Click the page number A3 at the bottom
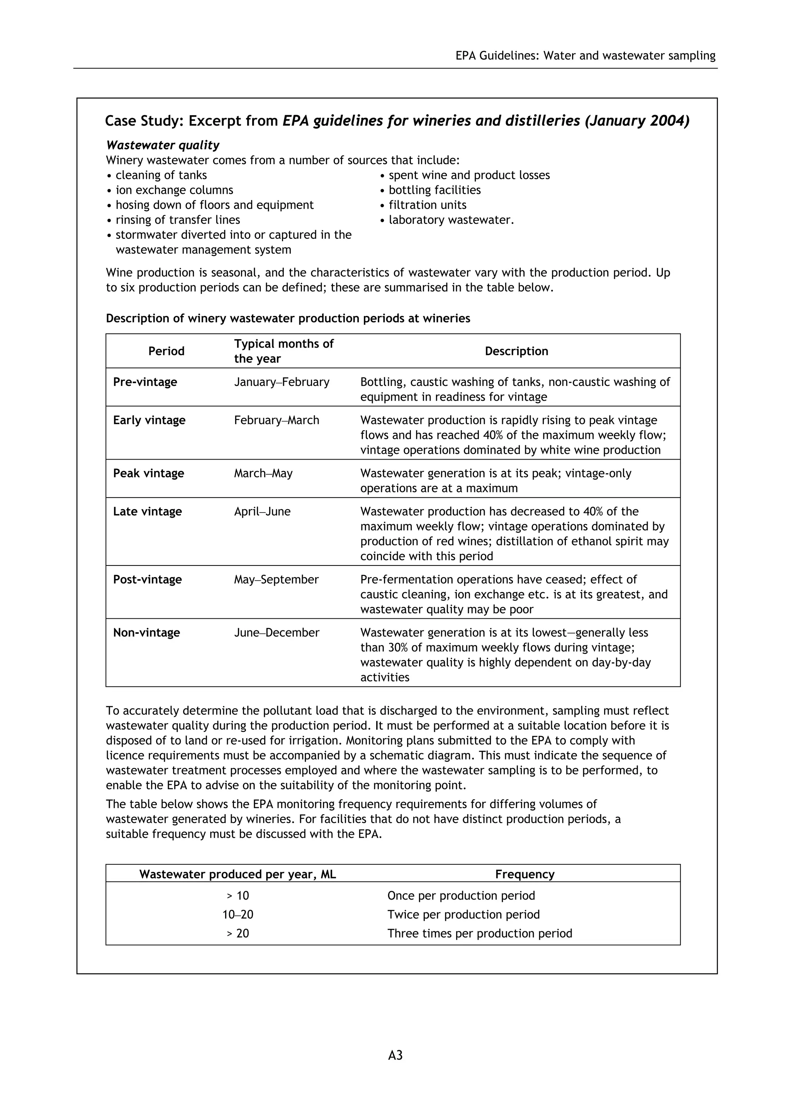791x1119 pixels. coord(395,1069)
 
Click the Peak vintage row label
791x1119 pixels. coord(148,473)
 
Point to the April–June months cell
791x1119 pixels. coord(262,511)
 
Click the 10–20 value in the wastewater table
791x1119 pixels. coord(238,914)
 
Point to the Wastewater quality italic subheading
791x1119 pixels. coord(163,145)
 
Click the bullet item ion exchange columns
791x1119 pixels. coord(174,190)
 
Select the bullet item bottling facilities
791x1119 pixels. coord(434,190)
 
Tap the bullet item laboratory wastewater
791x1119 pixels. coord(451,220)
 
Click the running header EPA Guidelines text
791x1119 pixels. coord(585,56)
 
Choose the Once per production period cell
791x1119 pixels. coord(461,895)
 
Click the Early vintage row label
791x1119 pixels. coord(149,420)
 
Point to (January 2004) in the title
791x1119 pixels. coord(637,121)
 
